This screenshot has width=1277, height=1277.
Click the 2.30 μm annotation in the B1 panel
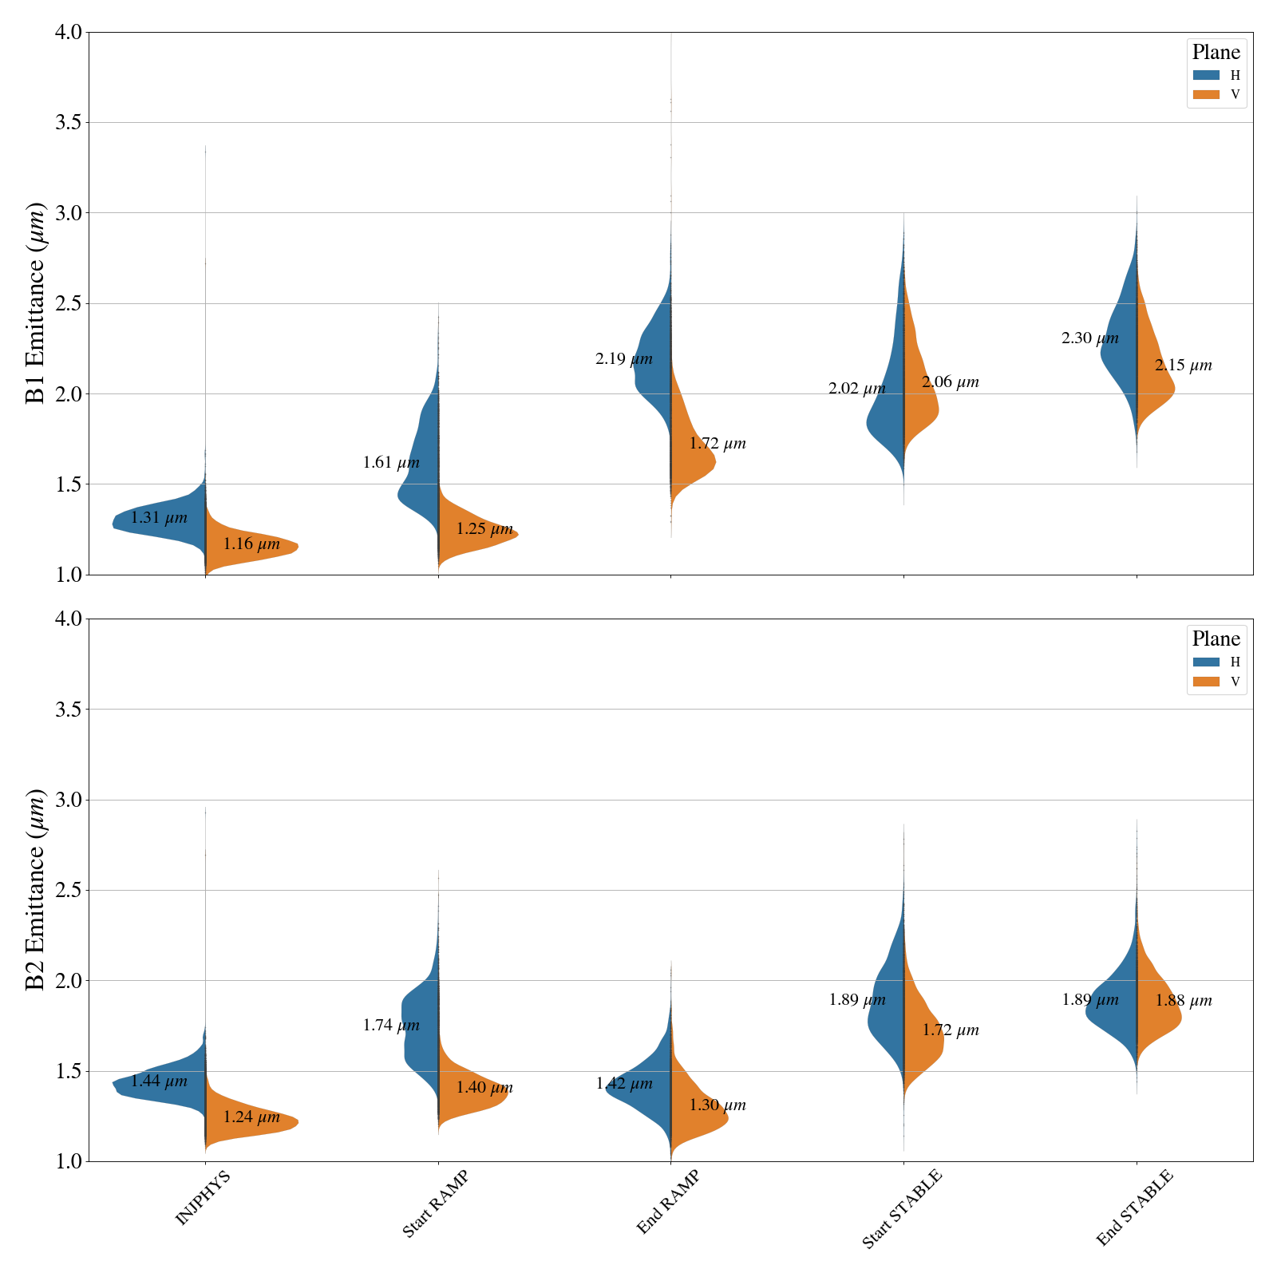(1089, 338)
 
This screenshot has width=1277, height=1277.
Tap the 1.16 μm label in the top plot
(251, 544)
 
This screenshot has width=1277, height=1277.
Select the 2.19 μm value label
(623, 359)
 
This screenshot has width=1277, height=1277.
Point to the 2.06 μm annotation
(950, 382)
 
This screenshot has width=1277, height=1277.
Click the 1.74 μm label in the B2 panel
(391, 1026)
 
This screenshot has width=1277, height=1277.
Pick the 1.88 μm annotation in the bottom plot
(1183, 1001)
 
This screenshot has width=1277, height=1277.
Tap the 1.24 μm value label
(251, 1117)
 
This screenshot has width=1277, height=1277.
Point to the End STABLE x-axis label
(1134, 1208)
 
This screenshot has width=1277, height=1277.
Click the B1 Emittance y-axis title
(36, 303)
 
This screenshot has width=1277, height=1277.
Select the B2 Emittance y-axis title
(36, 890)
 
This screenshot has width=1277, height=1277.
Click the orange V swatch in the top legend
(1206, 95)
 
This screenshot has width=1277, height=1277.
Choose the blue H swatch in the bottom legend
(1206, 662)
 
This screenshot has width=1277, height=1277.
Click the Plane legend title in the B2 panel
(1216, 638)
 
